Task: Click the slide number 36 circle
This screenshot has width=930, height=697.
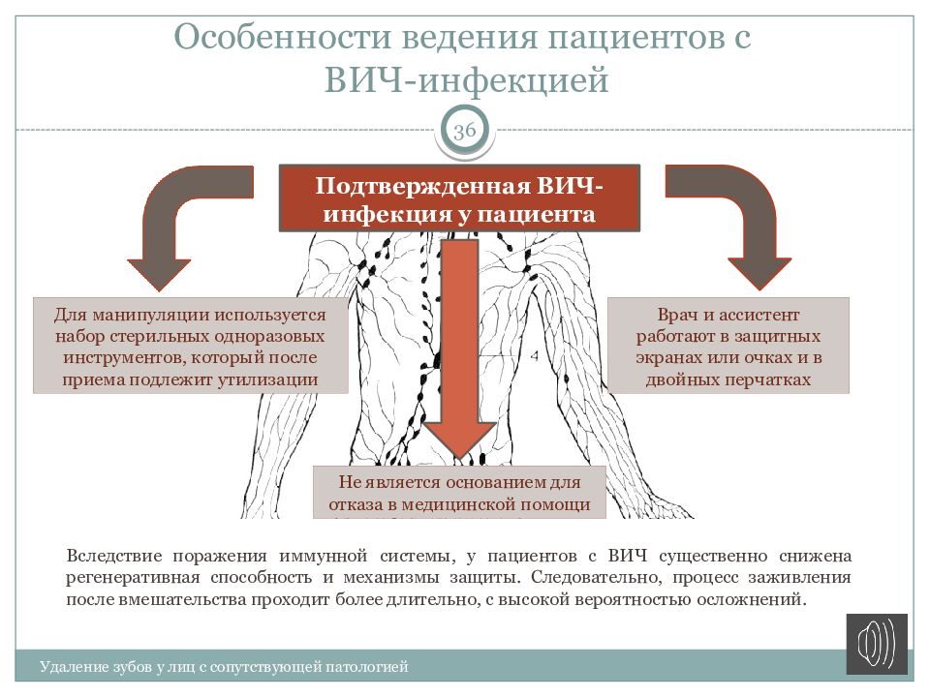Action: coord(465,131)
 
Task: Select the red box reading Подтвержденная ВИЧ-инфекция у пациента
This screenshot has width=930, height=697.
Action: coord(459,198)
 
